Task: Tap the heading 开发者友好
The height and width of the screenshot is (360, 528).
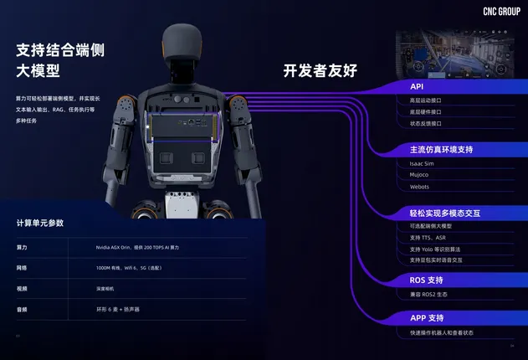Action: click(x=320, y=71)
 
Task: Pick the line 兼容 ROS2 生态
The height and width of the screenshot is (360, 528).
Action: click(x=429, y=294)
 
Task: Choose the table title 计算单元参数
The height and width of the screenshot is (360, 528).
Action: click(x=40, y=224)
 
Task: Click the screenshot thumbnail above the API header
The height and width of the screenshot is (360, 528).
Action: click(x=452, y=51)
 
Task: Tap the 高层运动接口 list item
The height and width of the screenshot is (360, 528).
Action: click(x=426, y=100)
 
